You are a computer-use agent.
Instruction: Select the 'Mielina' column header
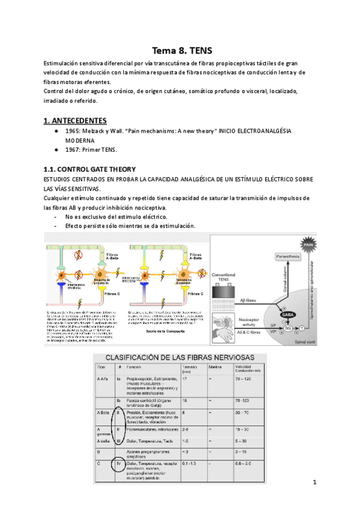[x=215, y=367]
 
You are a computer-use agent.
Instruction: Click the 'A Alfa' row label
[x=102, y=379]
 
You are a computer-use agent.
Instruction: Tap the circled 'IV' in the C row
[x=119, y=463]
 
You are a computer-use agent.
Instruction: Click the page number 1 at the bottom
[x=314, y=483]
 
